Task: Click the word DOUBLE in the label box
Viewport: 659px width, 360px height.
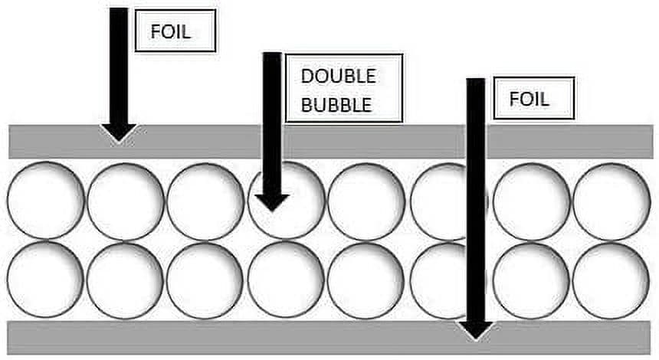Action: coord(339,76)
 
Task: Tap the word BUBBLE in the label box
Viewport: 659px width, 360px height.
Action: coord(336,105)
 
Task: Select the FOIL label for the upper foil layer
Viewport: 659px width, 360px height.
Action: coord(171,32)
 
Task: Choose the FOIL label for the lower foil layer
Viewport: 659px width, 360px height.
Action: coord(529,99)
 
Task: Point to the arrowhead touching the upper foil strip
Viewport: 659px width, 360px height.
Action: coord(119,133)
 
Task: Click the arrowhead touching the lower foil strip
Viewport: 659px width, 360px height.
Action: coord(476,330)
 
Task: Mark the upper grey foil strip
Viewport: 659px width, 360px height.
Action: coord(331,142)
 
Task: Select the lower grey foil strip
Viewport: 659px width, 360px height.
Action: coord(329,338)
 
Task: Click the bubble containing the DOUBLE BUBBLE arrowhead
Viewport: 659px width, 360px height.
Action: coord(287,201)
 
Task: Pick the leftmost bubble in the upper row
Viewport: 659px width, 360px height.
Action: coord(46,201)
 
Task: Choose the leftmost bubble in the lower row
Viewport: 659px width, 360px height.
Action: coord(45,280)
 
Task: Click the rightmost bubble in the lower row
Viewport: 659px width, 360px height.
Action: coord(611,281)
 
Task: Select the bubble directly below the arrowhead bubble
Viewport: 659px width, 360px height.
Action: coord(287,280)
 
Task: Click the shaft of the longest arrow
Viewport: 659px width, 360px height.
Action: coord(476,200)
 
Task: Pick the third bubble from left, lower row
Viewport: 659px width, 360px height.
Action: coord(205,281)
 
